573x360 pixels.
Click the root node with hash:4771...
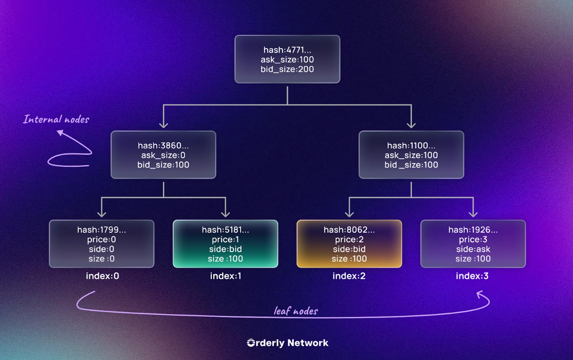click(287, 59)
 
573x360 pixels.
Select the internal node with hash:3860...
click(163, 155)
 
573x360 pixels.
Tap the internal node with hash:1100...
click(411, 155)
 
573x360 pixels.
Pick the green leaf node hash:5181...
click(225, 244)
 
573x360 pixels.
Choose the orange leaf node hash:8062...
click(349, 244)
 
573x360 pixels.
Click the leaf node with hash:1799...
click(102, 244)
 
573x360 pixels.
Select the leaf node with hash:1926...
click(473, 244)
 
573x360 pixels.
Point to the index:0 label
click(102, 276)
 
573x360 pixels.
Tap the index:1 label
click(226, 276)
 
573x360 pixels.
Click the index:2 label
click(349, 276)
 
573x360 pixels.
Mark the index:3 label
click(472, 276)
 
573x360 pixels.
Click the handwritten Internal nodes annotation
click(56, 119)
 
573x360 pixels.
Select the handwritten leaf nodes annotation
click(296, 311)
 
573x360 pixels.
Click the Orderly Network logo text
click(287, 343)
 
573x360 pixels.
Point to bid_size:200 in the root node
click(287, 69)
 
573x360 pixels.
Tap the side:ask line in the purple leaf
click(473, 249)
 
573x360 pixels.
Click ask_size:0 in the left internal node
click(163, 155)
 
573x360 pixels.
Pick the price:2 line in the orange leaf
click(349, 239)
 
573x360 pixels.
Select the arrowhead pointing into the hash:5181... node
click(226, 214)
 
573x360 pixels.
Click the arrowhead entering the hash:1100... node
click(411, 124)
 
